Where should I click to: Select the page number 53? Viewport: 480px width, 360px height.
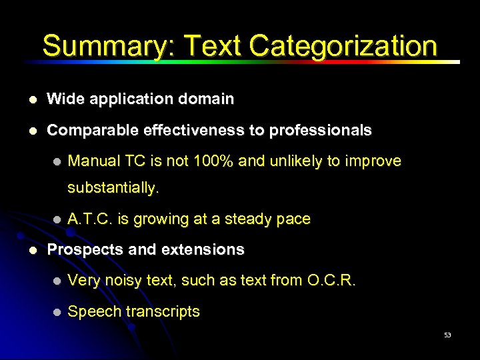click(447, 335)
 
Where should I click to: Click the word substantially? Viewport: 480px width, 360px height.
click(113, 188)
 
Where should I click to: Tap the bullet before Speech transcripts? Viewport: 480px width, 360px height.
click(57, 313)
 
